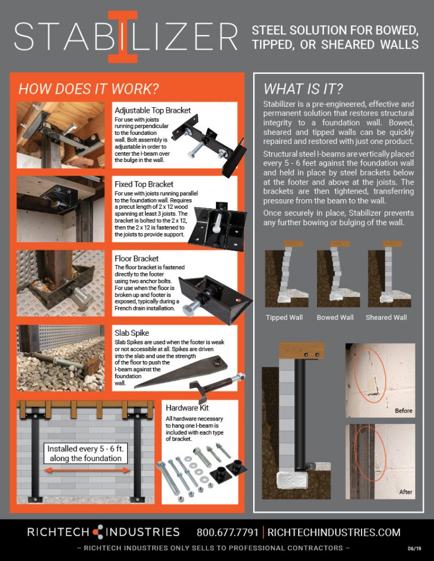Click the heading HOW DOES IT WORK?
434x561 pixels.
(x=88, y=89)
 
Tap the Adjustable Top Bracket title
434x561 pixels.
(x=153, y=110)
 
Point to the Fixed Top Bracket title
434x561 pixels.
(x=144, y=184)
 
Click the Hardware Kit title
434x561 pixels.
(x=189, y=407)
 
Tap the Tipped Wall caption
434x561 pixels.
(x=284, y=317)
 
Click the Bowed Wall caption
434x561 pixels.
(x=335, y=317)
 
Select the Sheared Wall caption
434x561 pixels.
(x=386, y=317)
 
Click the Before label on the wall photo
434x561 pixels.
(x=403, y=410)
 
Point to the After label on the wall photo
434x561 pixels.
(x=406, y=492)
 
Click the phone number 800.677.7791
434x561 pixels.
(x=228, y=532)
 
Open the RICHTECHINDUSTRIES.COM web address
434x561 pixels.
(x=333, y=532)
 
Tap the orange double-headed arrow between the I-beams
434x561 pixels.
(x=85, y=468)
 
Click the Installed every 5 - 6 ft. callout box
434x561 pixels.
(x=85, y=453)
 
